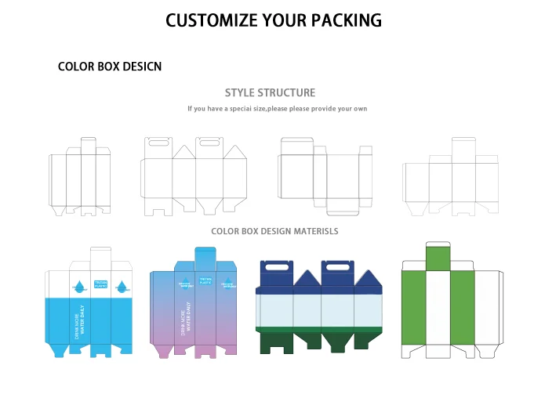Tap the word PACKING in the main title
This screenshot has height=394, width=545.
pyautogui.click(x=345, y=20)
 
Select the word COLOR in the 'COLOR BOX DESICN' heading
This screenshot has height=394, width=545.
pyautogui.click(x=76, y=67)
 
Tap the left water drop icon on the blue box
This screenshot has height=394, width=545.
pyautogui.click(x=80, y=285)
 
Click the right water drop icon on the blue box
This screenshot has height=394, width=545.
pyautogui.click(x=121, y=285)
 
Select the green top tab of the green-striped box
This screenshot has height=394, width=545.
pyautogui.click(x=439, y=256)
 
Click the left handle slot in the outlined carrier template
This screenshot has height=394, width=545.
pyautogui.click(x=153, y=143)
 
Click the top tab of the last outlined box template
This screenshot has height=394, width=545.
pyautogui.click(x=463, y=148)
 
